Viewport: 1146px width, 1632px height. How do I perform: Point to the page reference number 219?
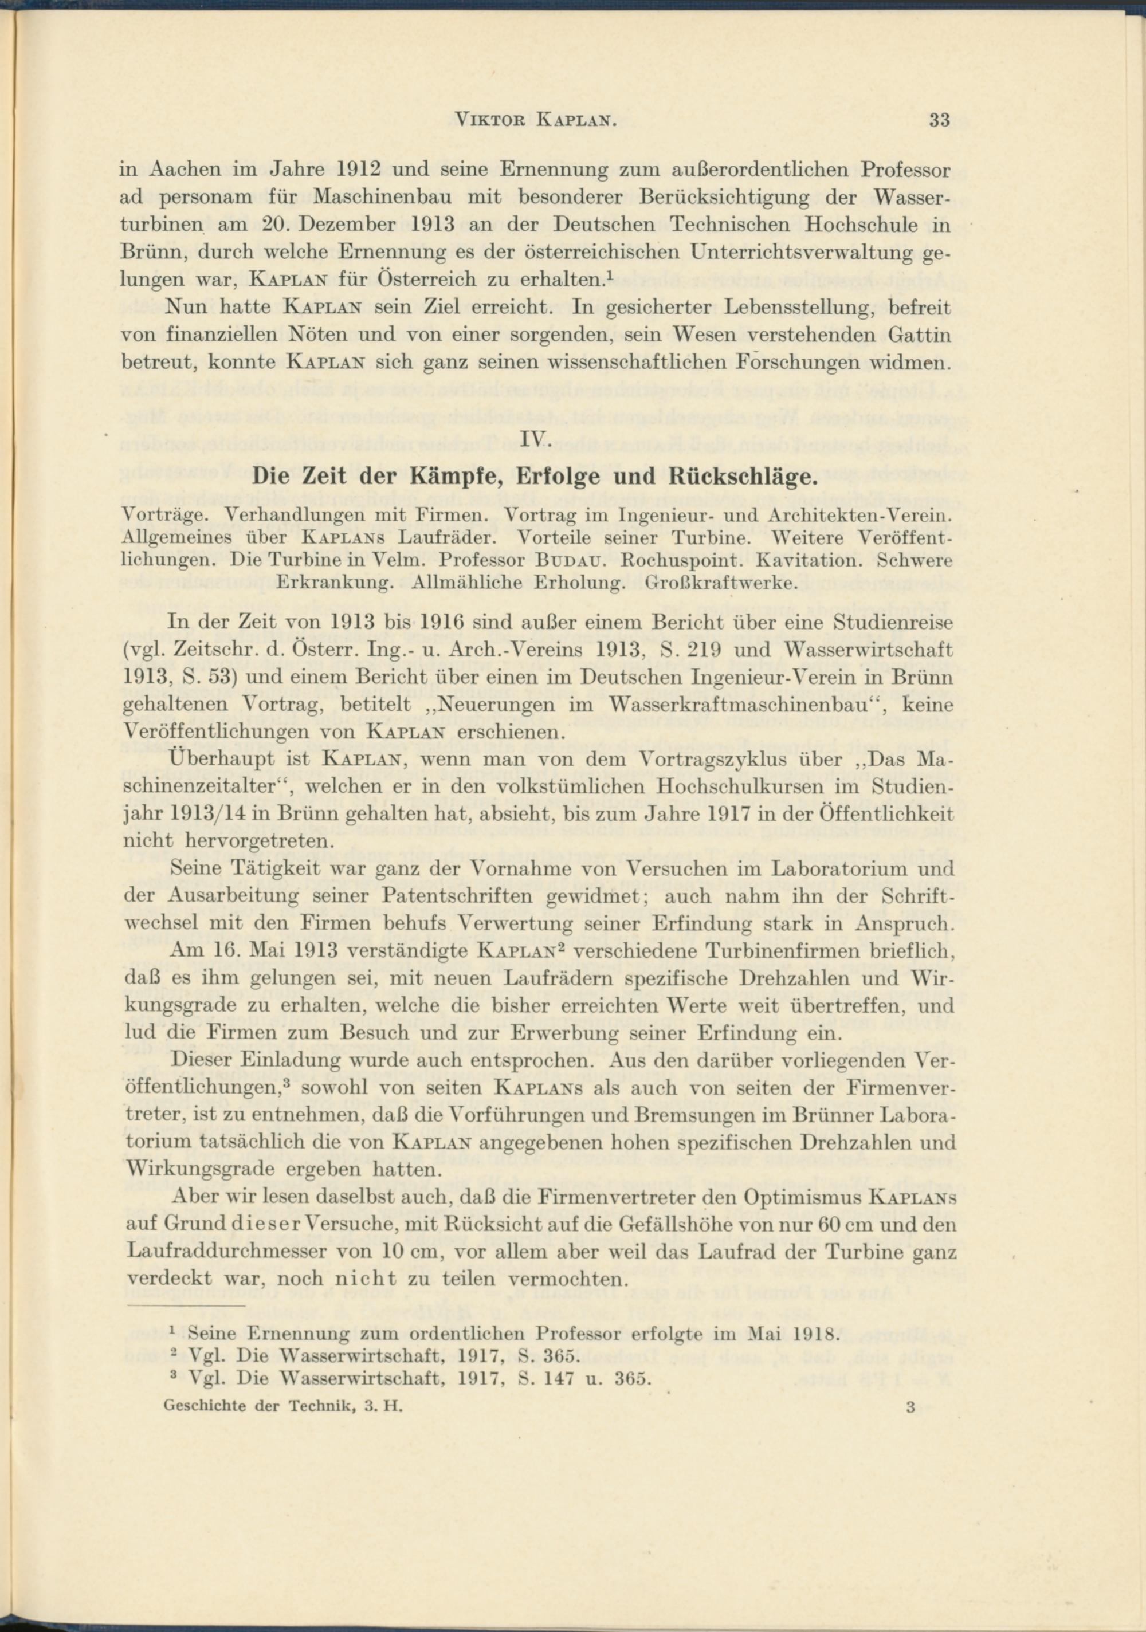click(x=705, y=650)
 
